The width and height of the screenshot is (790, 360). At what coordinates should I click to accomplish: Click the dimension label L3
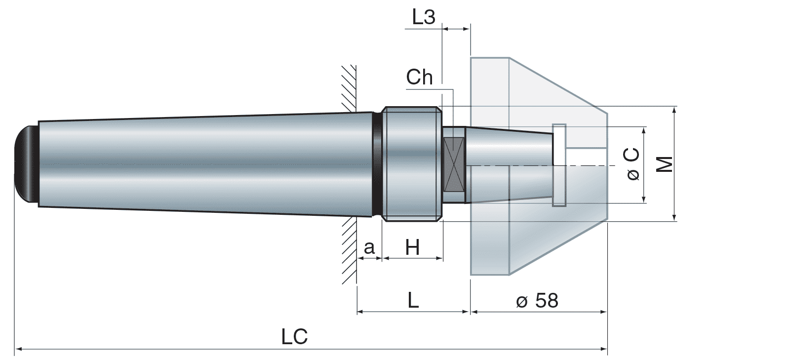[424, 17]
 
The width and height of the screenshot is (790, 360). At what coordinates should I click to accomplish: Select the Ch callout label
[419, 77]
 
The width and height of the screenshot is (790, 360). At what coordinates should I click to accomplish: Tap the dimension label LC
[294, 337]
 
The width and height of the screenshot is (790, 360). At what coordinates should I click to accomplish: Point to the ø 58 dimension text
[537, 300]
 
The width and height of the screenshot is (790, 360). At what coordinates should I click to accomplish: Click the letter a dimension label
[369, 247]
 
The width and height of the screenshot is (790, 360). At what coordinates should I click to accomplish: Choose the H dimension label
[412, 247]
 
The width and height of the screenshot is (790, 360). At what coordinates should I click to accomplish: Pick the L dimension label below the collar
[413, 300]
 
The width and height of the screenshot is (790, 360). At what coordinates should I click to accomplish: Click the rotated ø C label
[632, 164]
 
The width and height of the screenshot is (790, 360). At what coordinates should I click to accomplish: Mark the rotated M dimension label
[666, 164]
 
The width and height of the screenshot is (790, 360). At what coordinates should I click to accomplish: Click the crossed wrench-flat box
[454, 165]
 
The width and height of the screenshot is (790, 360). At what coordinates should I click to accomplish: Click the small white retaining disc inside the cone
[559, 165]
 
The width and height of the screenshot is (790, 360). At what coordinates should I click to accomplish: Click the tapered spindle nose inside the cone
[509, 148]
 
